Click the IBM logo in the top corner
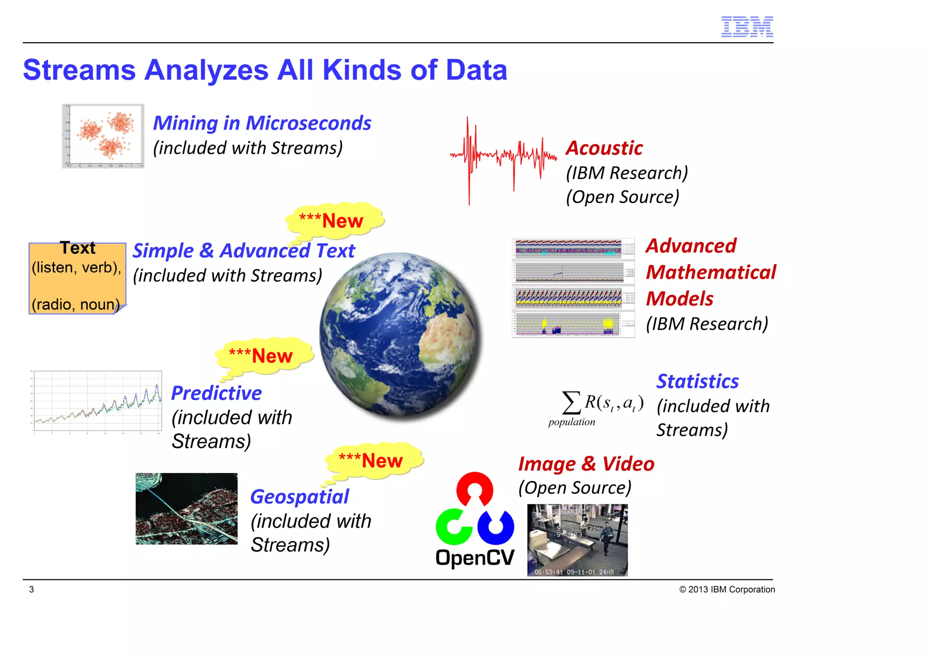click(x=747, y=27)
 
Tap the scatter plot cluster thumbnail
click(x=103, y=136)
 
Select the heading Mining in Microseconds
click(x=262, y=123)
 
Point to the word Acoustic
click(x=604, y=148)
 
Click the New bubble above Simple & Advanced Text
click(x=334, y=220)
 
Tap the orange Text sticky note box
click(x=77, y=278)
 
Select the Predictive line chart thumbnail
click(x=96, y=401)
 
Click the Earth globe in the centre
click(x=400, y=335)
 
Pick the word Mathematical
click(x=710, y=272)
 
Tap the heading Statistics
click(x=697, y=381)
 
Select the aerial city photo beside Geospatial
click(x=187, y=508)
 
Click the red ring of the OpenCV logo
click(x=475, y=489)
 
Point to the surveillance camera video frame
click(x=577, y=540)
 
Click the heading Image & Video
click(x=586, y=464)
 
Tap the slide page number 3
click(x=31, y=589)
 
